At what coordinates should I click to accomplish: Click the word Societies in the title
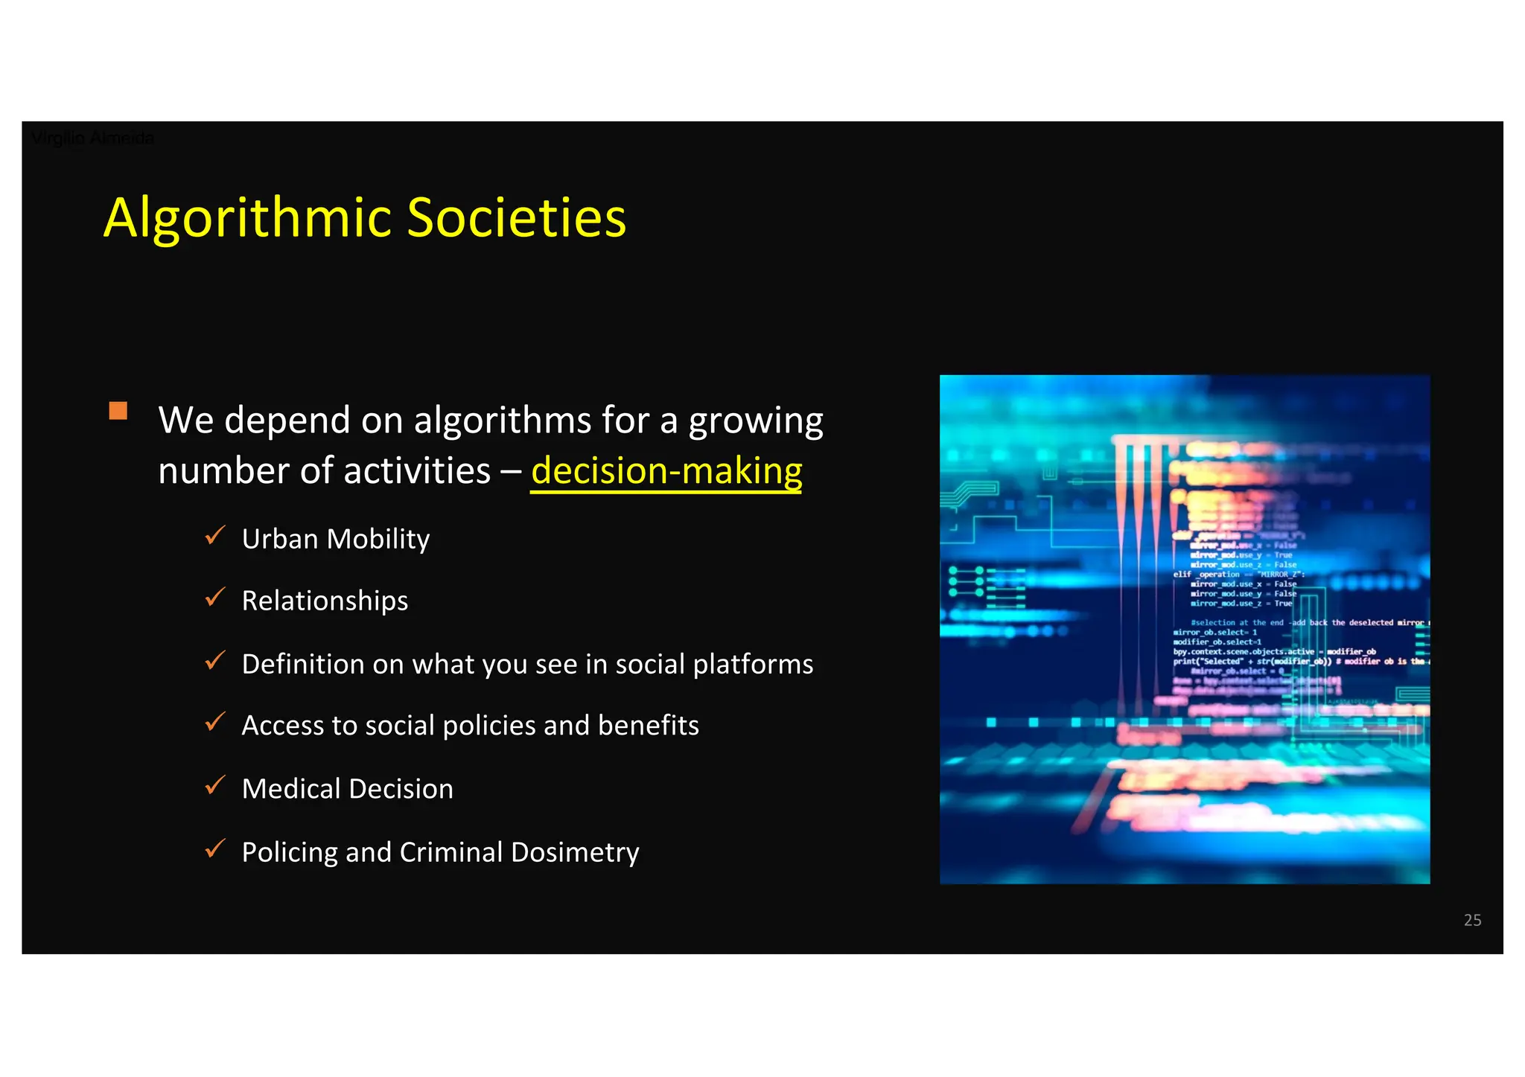point(517,218)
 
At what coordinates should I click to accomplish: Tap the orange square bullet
point(118,411)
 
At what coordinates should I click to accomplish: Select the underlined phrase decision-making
point(666,471)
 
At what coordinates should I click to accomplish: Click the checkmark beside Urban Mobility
point(215,535)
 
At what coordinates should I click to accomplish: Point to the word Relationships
point(325,601)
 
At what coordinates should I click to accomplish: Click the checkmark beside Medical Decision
point(215,785)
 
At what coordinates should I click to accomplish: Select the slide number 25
point(1472,920)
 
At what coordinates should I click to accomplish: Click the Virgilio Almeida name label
point(93,138)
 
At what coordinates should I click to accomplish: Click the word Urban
point(280,539)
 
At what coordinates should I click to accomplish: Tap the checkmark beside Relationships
point(215,597)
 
